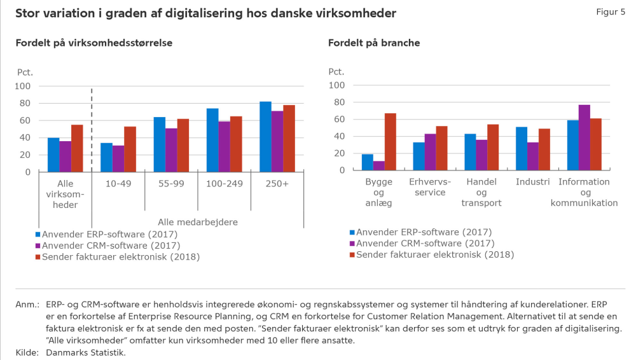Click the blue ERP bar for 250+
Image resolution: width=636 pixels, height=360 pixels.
pyautogui.click(x=265, y=137)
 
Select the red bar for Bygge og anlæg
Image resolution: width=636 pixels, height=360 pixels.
pyautogui.click(x=391, y=142)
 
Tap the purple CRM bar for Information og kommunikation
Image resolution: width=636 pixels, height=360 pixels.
pyautogui.click(x=584, y=137)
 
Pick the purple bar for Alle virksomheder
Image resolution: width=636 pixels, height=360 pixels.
pyautogui.click(x=66, y=156)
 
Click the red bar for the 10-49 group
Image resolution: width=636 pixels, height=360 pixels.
pyautogui.click(x=130, y=149)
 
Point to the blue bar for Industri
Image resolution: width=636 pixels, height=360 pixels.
pyautogui.click(x=522, y=149)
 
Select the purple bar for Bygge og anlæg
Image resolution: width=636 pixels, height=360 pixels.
pyautogui.click(x=379, y=165)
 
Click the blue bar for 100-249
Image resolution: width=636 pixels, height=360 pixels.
pyautogui.click(x=212, y=141)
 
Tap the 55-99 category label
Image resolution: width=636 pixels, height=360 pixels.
pyautogui.click(x=171, y=183)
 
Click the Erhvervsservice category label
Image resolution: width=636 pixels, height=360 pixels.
pyautogui.click(x=430, y=187)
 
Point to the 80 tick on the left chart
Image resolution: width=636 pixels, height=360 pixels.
pyautogui.click(x=25, y=103)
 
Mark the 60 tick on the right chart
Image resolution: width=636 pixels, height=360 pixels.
pyautogui.click(x=340, y=120)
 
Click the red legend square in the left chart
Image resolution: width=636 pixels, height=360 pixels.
pyautogui.click(x=38, y=257)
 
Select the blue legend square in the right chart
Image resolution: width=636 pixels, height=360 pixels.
pyautogui.click(x=352, y=233)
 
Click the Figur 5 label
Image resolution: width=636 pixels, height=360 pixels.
pyautogui.click(x=611, y=12)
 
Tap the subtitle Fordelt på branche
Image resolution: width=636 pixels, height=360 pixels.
pyautogui.click(x=374, y=43)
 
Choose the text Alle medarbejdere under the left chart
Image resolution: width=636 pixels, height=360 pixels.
pyautogui.click(x=198, y=222)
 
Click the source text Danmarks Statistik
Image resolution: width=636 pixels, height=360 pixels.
pyautogui.click(x=86, y=353)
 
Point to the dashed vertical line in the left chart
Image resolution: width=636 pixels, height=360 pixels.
pyautogui.click(x=92, y=130)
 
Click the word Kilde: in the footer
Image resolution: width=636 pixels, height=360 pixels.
pyautogui.click(x=27, y=353)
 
